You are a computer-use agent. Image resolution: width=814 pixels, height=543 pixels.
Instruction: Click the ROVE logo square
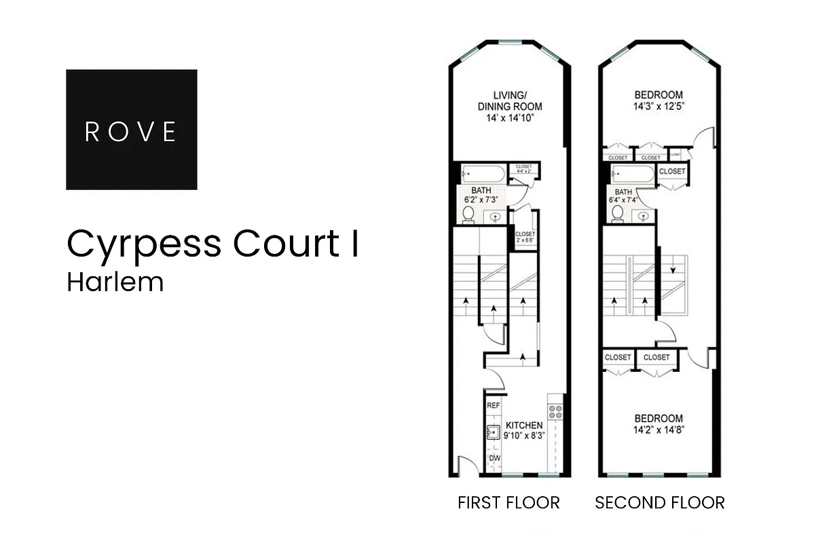click(x=132, y=129)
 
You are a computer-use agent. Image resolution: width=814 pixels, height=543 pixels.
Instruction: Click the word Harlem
click(x=115, y=282)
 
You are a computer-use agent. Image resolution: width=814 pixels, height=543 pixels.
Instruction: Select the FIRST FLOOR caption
click(x=508, y=503)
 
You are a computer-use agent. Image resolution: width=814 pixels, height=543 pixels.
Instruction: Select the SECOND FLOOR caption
click(x=659, y=503)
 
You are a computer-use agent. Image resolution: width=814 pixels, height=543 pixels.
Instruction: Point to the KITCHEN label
click(x=523, y=426)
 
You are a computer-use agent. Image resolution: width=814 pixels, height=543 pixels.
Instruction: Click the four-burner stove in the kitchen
click(x=556, y=411)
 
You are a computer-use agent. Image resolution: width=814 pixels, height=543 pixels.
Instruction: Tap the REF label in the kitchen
click(x=494, y=405)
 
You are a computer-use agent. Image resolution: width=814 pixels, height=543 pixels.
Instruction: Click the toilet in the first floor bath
click(x=468, y=214)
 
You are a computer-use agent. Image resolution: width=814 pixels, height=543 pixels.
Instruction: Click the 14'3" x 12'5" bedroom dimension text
click(x=659, y=107)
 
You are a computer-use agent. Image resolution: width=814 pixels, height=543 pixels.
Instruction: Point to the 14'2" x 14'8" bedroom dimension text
click(x=659, y=430)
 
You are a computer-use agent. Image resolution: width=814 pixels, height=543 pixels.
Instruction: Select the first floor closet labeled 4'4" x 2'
click(x=523, y=169)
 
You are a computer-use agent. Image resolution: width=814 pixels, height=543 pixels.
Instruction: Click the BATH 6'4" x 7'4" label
click(x=623, y=196)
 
